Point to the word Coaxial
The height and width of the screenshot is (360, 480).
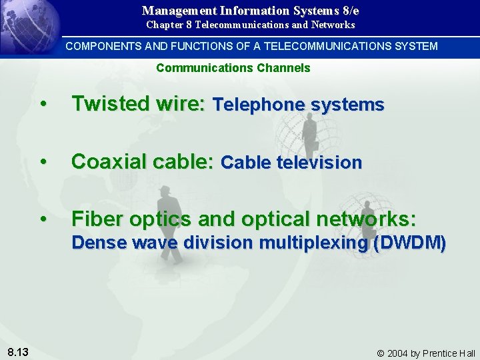(105, 161)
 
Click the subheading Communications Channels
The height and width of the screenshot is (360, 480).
(233, 68)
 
